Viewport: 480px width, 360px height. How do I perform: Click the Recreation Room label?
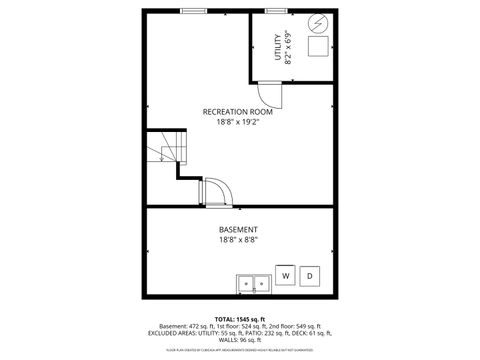(237, 112)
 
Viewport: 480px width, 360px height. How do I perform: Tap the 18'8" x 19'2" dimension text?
(237, 124)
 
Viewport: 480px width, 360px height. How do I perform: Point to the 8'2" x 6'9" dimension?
(289, 48)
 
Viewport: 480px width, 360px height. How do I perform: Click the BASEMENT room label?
(238, 229)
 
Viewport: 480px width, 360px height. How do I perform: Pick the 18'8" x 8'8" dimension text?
(238, 240)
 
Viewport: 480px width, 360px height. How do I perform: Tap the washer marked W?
(285, 275)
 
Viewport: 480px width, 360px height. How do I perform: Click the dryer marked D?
(310, 275)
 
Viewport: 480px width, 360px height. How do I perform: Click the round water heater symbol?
(318, 23)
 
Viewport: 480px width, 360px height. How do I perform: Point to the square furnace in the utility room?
(318, 48)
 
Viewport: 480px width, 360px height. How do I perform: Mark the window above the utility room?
(276, 11)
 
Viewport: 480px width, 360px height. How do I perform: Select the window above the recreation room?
(194, 11)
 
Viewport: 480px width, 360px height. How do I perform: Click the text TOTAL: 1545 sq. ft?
(239, 320)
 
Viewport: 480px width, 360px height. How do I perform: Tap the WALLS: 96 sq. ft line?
(239, 340)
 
